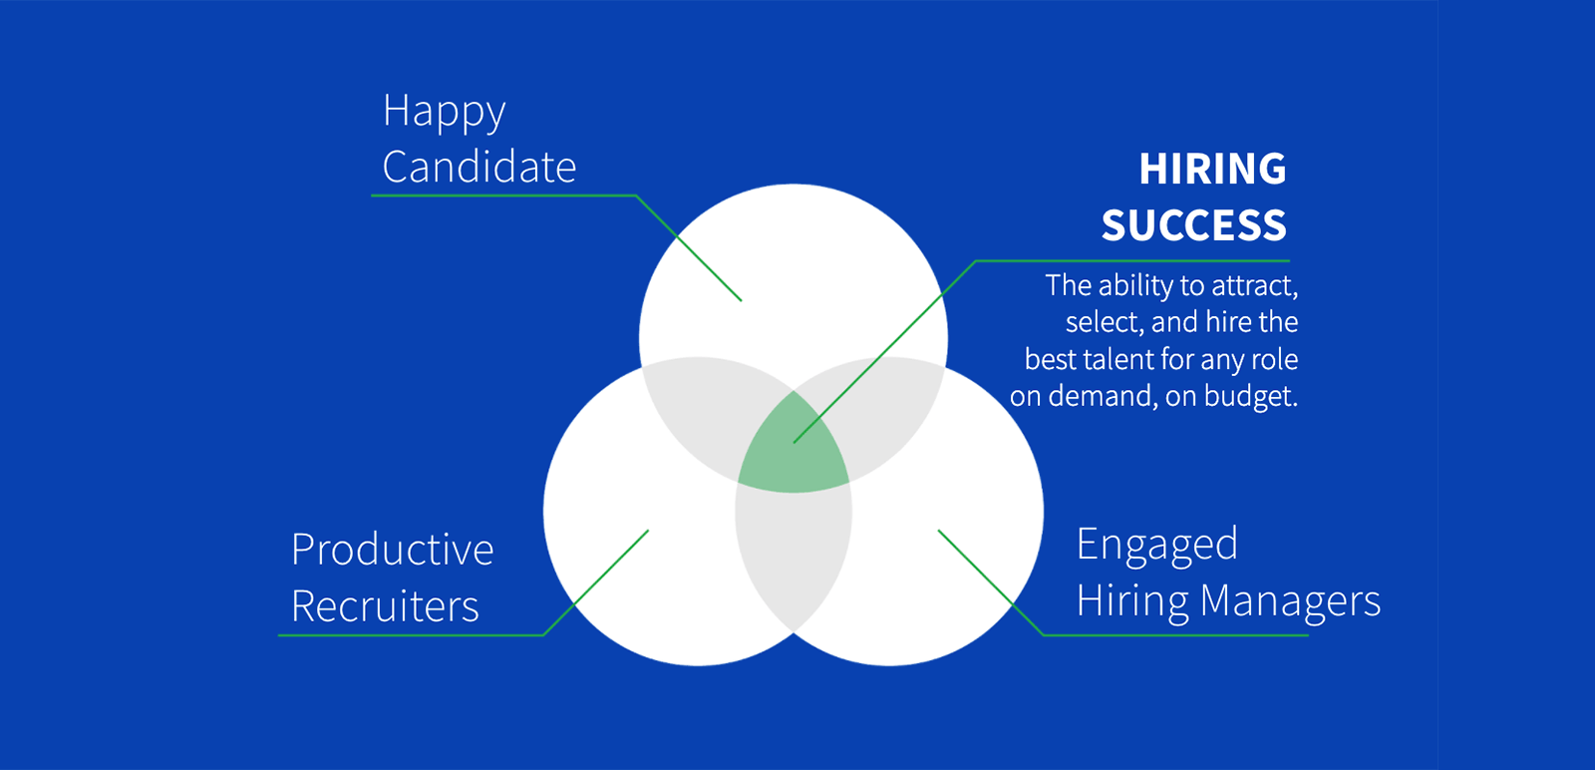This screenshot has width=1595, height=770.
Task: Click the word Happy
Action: click(445, 113)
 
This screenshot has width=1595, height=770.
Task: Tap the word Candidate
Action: click(479, 167)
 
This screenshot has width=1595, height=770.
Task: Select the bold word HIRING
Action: click(1212, 169)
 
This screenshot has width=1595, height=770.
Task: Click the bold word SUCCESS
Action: click(1194, 225)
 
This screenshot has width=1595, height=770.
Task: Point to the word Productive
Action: click(393, 550)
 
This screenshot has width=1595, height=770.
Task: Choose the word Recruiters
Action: click(385, 606)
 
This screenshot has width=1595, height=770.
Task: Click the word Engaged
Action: click(1157, 546)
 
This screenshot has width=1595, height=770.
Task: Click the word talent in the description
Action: click(1121, 359)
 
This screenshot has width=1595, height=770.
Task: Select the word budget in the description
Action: click(1251, 397)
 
